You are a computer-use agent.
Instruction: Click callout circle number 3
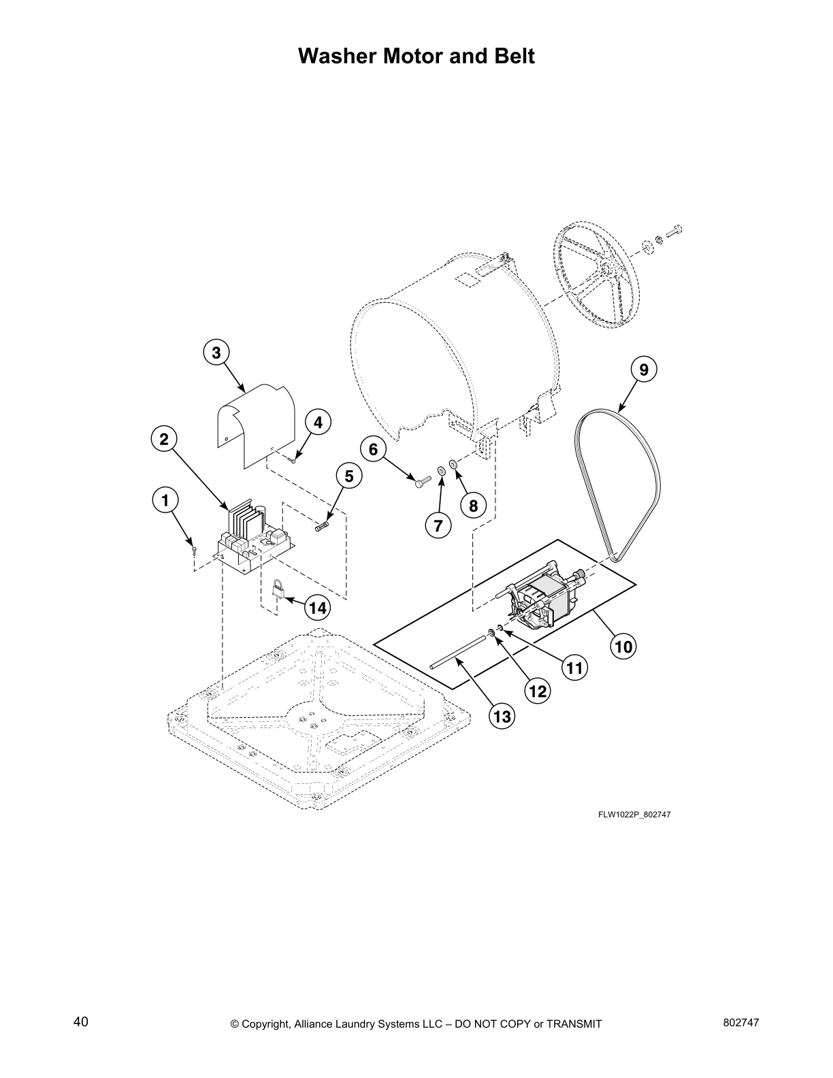click(216, 353)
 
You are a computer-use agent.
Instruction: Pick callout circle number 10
click(623, 645)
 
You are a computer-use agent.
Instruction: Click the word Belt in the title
click(511, 56)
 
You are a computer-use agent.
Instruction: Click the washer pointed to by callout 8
click(453, 465)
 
